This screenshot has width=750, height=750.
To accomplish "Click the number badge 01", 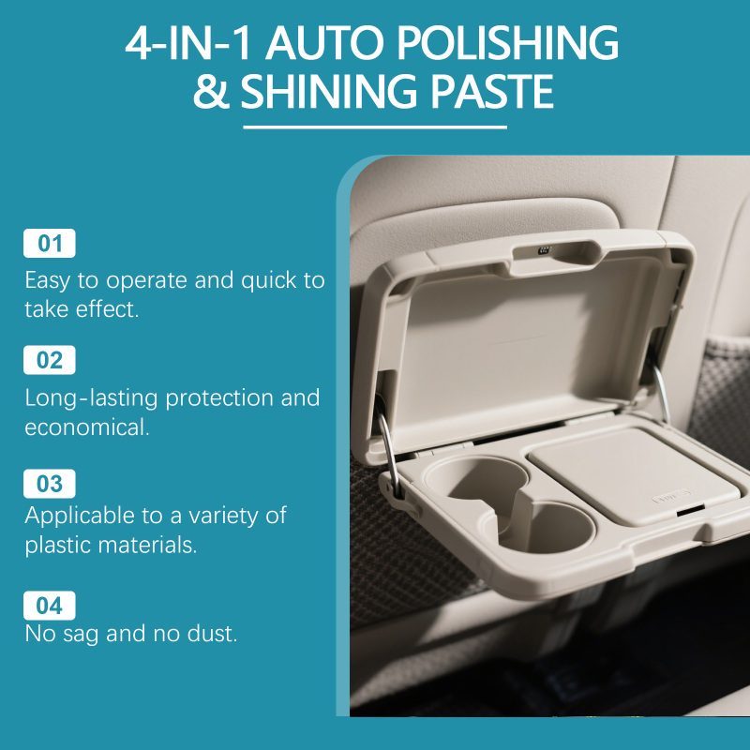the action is (50, 243).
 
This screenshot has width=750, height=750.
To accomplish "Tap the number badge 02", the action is (50, 360).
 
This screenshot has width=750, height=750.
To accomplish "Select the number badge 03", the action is (50, 484).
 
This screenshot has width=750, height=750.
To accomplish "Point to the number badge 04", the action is (50, 605).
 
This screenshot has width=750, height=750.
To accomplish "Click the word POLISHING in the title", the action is (507, 43).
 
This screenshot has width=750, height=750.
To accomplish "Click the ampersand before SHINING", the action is (211, 91).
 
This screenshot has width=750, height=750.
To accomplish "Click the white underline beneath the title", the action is (375, 127).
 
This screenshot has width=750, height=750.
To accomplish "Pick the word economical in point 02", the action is (87, 427).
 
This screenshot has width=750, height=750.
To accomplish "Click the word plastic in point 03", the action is (57, 546).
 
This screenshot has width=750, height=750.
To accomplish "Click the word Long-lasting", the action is (91, 398).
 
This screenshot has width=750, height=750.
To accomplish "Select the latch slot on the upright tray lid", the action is (556, 251).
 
